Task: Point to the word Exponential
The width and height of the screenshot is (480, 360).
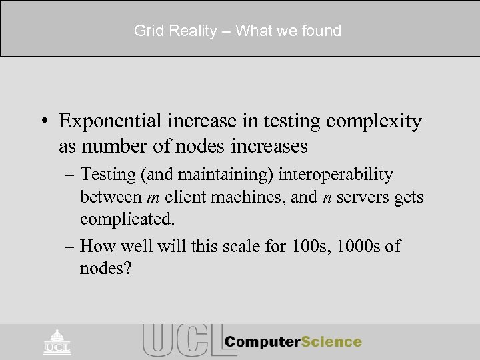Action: click(x=109, y=121)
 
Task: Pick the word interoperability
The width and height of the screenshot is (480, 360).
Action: click(x=336, y=175)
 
